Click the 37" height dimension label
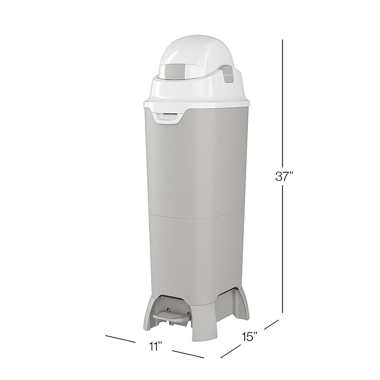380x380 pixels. pyautogui.click(x=284, y=177)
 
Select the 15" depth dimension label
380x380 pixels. pyautogui.click(x=249, y=336)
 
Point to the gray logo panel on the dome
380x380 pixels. pyautogui.click(x=174, y=71)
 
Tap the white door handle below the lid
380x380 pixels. pyautogui.click(x=171, y=115)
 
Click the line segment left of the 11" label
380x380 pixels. pyautogui.click(x=120, y=339)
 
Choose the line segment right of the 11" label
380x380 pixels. pyautogui.click(x=187, y=354)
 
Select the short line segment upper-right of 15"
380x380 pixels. pyautogui.click(x=271, y=325)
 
